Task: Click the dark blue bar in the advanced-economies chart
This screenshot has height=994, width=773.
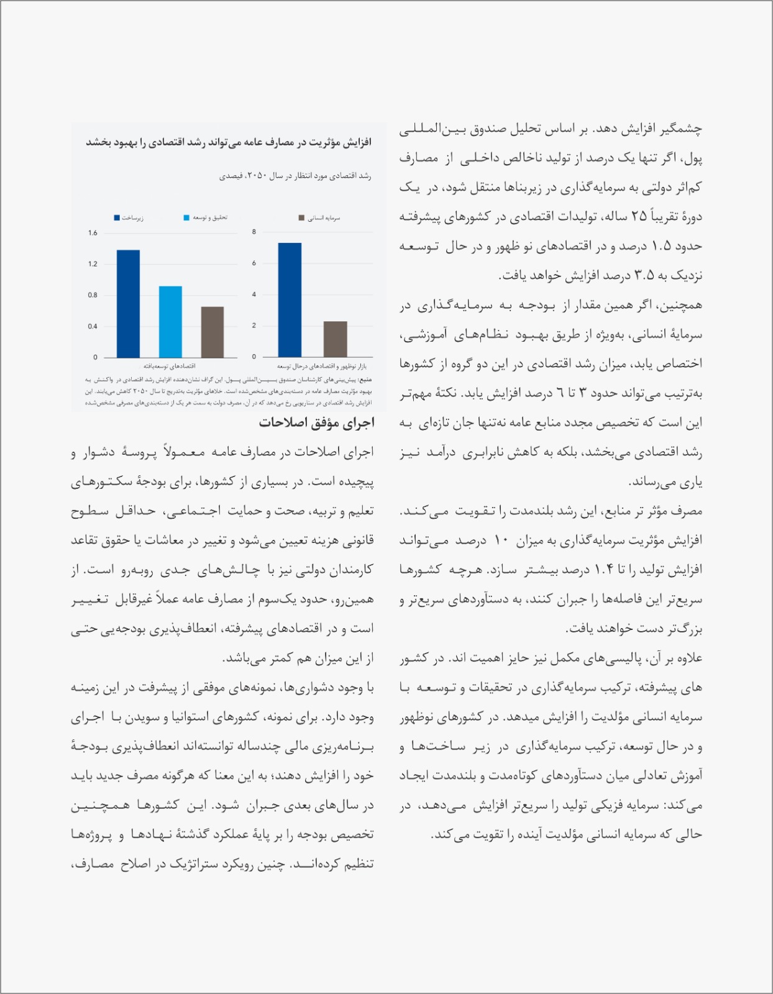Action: pos(128,303)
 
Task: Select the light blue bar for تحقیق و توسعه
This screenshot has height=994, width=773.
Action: pos(170,321)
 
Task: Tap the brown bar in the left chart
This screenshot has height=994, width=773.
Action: pos(213,332)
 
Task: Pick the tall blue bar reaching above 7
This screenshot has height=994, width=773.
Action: pos(290,299)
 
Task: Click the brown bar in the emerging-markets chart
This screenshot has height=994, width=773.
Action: pos(336,339)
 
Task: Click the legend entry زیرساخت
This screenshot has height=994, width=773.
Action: pos(129,218)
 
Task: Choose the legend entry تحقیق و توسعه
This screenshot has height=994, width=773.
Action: pos(206,218)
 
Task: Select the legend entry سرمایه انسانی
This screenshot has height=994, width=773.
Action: pos(319,218)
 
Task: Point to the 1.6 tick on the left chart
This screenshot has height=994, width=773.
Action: pos(93,233)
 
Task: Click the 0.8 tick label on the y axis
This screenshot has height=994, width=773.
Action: pos(93,295)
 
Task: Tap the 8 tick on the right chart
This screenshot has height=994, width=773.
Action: pos(254,232)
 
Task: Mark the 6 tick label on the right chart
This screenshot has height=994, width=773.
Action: pos(254,263)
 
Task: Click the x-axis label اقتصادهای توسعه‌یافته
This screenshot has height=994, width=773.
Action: pos(169,367)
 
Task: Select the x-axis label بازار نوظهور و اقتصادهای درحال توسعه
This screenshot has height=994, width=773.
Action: pos(321,367)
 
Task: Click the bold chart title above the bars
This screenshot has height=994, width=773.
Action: pos(228,143)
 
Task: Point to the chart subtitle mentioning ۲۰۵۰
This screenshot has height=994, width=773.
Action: pos(295,176)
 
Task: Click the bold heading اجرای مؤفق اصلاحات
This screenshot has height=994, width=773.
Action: pos(316,423)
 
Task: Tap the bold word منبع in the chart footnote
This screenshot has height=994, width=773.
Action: pos(366,378)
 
